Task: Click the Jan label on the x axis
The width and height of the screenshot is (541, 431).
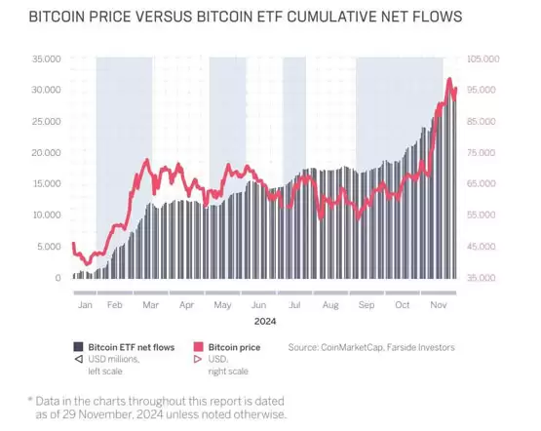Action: pyautogui.click(x=85, y=304)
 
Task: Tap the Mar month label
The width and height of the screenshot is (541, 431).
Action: pyautogui.click(x=151, y=304)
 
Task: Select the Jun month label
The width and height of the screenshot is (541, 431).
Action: pyautogui.click(x=259, y=304)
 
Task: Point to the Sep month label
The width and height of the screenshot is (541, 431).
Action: pyautogui.click(x=367, y=304)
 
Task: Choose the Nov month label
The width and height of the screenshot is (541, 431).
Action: pyautogui.click(x=439, y=304)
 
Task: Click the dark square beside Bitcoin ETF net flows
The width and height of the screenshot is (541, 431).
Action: pyautogui.click(x=78, y=346)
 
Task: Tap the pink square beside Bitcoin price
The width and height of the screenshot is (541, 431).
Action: pyautogui.click(x=200, y=346)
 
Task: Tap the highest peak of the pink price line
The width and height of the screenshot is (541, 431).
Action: pyautogui.click(x=449, y=79)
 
